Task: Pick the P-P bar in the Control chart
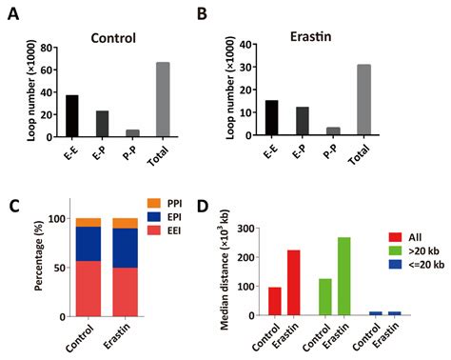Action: pos(132,131)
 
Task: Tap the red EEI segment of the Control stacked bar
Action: pos(88,289)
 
